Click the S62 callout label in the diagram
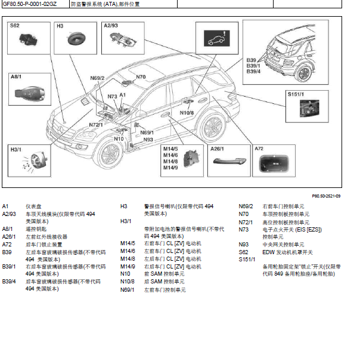[15, 26]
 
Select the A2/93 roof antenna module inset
[122, 41]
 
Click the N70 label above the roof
[141, 76]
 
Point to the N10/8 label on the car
[187, 112]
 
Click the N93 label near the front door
[148, 139]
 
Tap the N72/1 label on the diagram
[96, 125]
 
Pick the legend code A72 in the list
[7, 243]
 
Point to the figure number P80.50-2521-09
[327, 196]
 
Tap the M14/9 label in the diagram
[170, 167]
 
